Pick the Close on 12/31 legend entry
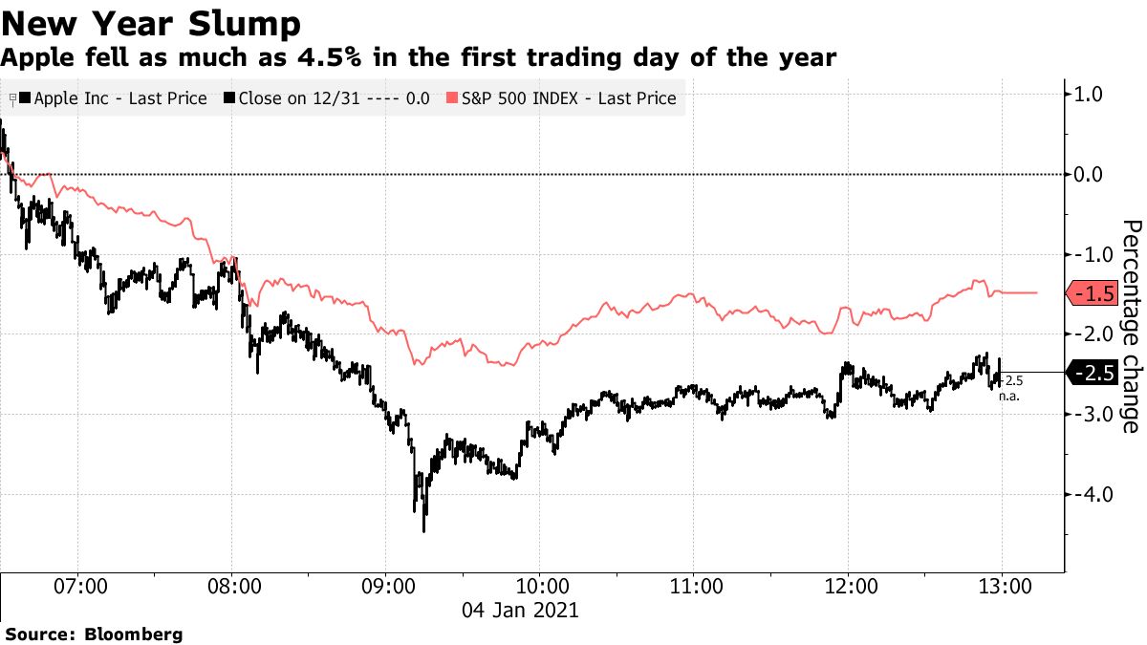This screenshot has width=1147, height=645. point(325,98)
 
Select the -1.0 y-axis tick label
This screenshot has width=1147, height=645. point(1088,254)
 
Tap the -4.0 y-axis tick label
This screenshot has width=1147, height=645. point(1088,494)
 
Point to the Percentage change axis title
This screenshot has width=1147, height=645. point(1130,325)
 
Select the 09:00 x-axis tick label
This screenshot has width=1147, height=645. point(385,586)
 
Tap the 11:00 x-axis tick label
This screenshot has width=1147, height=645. point(693,586)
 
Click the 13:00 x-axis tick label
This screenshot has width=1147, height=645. point(1000,586)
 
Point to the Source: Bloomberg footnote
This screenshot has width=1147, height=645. point(94,634)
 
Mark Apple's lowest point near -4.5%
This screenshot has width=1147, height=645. point(423,529)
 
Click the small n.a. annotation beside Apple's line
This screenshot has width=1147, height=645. point(1011,395)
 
